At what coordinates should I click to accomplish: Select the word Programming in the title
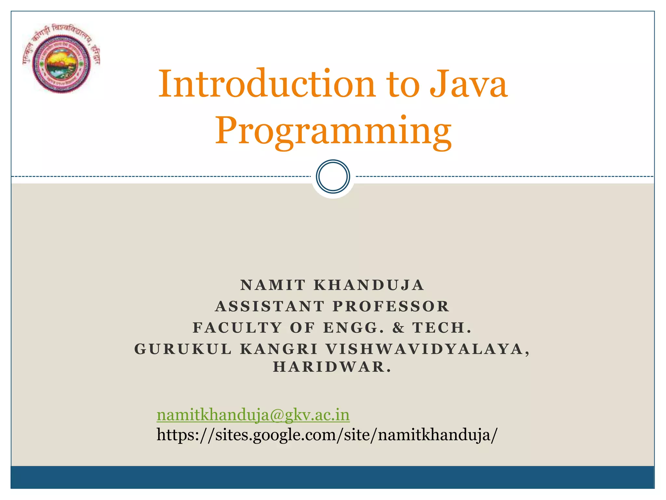[333, 131]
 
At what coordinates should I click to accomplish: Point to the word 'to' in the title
[403, 84]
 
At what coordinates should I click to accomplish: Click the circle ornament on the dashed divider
[333, 176]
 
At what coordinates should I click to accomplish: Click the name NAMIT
[273, 285]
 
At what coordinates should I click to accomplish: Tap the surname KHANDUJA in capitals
[369, 285]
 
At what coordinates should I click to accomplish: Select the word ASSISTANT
[270, 306]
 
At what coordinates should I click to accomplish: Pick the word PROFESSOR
[391, 306]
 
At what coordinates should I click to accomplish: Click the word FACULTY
[237, 327]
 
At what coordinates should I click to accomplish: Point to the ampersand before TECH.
[398, 327]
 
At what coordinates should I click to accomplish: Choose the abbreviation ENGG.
[353, 327]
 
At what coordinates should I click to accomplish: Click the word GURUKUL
[183, 349]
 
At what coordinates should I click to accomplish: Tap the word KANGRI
[279, 349]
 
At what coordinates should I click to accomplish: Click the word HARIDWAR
[332, 367]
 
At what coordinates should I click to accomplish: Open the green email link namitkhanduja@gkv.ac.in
[253, 415]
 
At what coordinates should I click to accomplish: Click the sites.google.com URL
[327, 435]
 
